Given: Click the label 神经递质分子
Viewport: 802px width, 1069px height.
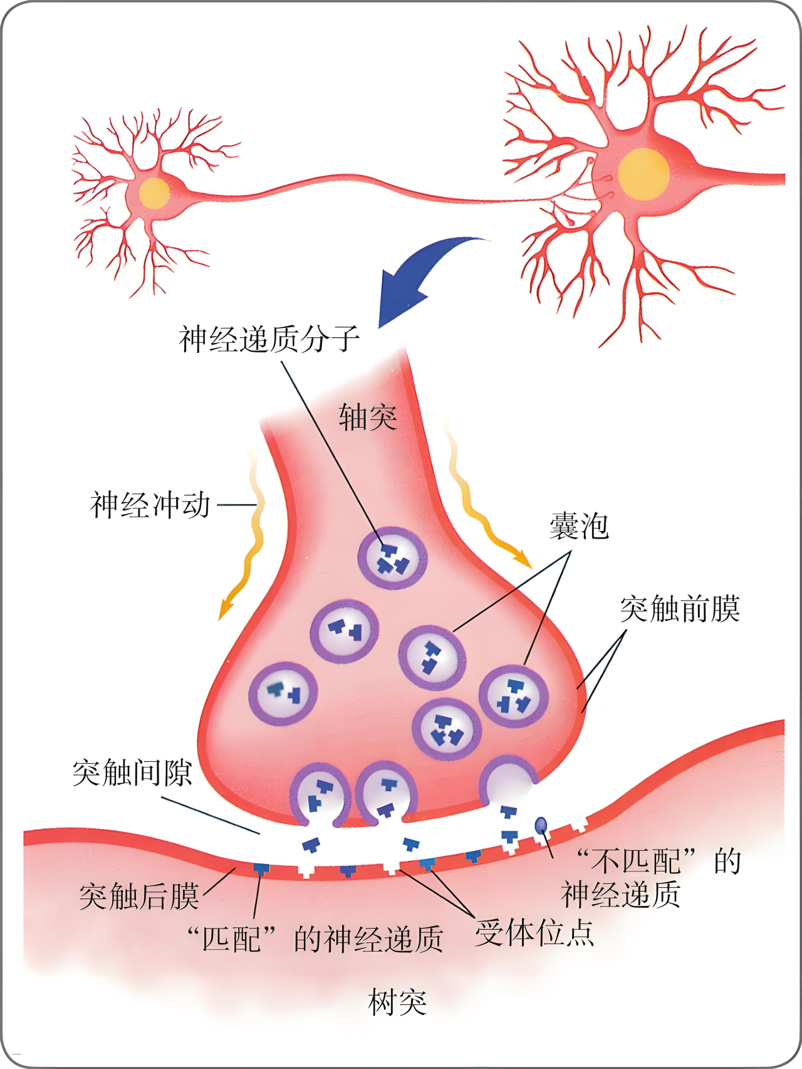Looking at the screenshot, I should [269, 339].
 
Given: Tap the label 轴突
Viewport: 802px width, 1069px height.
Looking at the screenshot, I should [368, 417].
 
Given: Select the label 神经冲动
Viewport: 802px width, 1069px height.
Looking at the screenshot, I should [150, 505].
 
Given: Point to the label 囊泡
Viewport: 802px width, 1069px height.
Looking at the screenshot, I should [579, 526].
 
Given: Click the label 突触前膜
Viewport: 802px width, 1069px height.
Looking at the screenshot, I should [680, 609].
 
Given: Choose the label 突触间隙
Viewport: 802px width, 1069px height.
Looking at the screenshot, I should [132, 772].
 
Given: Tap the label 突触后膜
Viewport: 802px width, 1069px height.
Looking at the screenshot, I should [139, 896].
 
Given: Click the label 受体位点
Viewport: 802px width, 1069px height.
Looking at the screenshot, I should [534, 933].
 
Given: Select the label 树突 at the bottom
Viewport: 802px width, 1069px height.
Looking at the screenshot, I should [397, 1002].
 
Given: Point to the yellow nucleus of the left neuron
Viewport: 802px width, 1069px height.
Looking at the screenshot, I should [154, 193].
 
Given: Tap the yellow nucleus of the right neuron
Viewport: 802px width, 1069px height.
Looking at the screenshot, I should [643, 174].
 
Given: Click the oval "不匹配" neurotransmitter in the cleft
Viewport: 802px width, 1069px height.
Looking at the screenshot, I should [541, 825].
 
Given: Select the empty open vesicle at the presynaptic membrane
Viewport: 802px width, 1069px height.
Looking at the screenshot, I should [509, 781].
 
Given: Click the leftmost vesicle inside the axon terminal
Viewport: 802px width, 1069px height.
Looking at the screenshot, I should [283, 693].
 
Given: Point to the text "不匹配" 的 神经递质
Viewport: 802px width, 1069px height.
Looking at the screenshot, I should [652, 878].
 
